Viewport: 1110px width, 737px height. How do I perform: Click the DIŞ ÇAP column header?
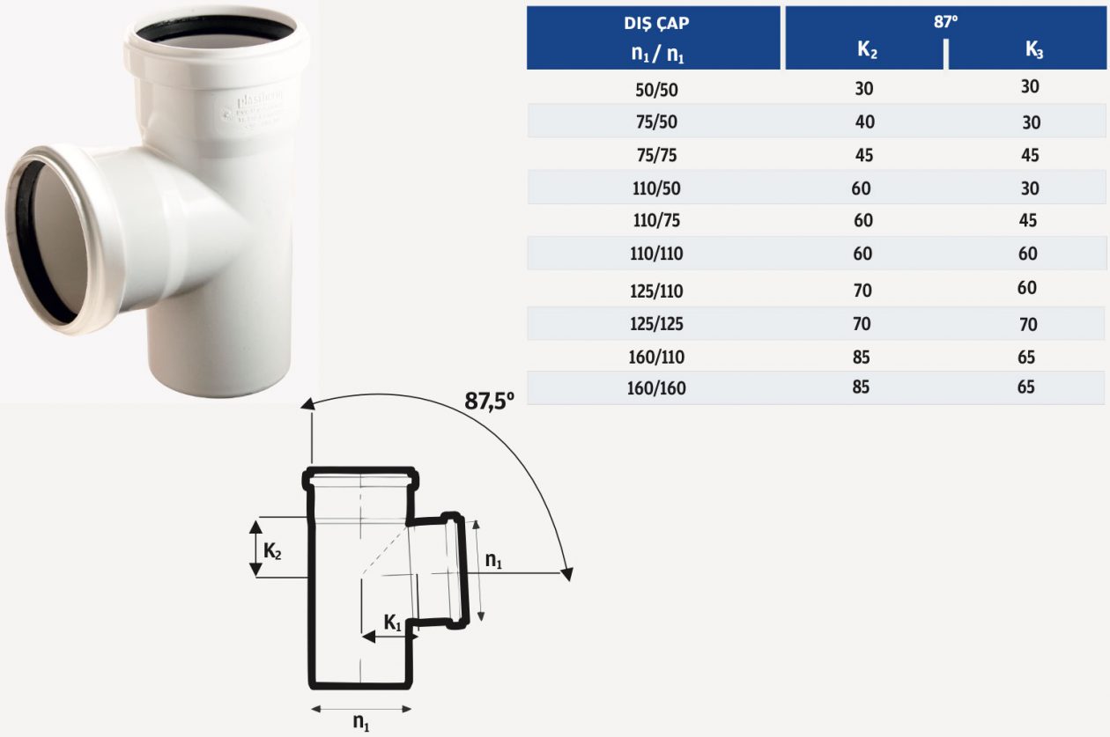[655, 25]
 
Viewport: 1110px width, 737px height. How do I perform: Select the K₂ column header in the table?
[867, 51]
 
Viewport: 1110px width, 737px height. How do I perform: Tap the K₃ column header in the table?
[1033, 50]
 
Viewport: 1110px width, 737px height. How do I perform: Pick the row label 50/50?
[657, 88]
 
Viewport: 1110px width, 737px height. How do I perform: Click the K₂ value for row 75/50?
[864, 122]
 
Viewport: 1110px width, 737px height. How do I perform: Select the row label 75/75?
[657, 156]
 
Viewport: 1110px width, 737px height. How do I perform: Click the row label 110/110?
[657, 255]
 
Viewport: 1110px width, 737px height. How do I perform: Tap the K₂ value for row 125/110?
[862, 289]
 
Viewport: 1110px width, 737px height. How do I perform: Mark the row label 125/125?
[657, 324]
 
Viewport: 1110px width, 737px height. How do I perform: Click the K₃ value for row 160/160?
[1025, 387]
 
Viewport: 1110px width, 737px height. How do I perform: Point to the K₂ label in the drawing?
[272, 552]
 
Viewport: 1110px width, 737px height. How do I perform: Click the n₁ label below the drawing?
[361, 722]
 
